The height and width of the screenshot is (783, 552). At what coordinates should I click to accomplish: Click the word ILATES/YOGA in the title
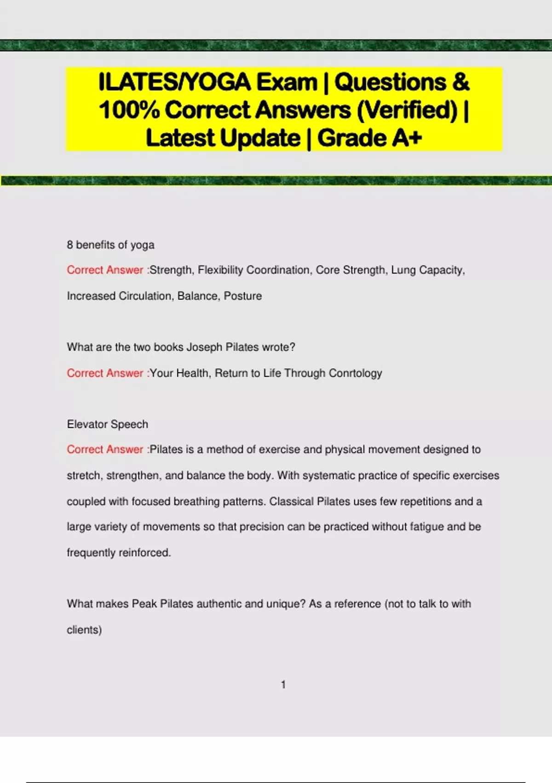pos(175,82)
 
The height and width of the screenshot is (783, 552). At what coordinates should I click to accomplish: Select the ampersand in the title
pos(460,82)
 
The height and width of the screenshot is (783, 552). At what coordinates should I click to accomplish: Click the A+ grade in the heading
pos(405,138)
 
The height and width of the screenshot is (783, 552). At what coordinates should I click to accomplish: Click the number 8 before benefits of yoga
pos(70,245)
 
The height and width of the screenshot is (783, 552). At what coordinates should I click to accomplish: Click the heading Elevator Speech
pos(107,424)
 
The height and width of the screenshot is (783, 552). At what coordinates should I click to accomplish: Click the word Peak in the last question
pos(144,603)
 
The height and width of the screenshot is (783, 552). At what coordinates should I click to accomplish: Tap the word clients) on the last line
pos(84,630)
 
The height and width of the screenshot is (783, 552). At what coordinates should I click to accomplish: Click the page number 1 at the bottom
pos(283,685)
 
